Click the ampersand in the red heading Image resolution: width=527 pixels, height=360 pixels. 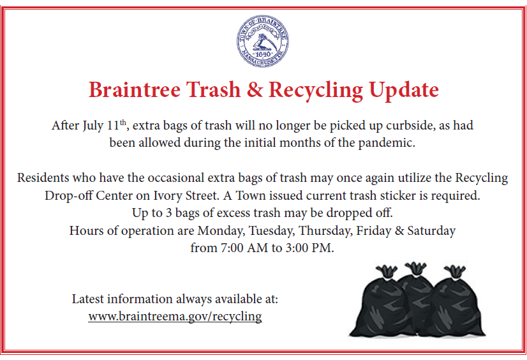(254, 89)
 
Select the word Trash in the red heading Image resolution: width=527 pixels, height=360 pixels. (212, 89)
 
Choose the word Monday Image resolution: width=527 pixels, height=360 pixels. (219, 230)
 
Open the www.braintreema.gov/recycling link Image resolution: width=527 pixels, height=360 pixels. (175, 317)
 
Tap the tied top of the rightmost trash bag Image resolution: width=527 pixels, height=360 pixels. (454, 269)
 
